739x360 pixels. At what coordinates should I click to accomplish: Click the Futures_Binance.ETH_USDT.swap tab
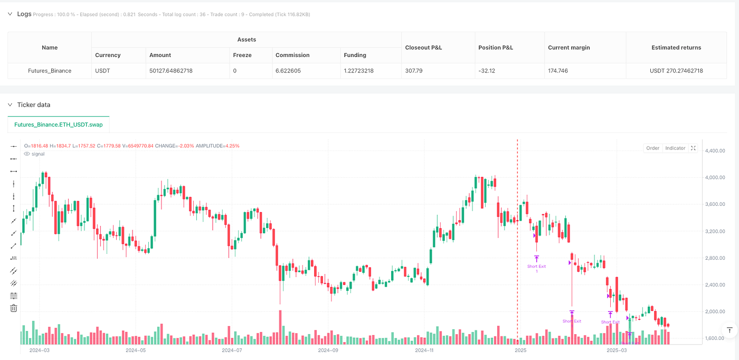[x=59, y=125]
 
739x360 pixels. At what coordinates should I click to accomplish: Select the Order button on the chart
[x=652, y=148]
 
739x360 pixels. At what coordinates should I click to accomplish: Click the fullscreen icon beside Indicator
[x=693, y=148]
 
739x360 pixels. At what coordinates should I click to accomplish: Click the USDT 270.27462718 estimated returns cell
[x=676, y=71]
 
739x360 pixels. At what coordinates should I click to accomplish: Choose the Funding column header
[x=355, y=55]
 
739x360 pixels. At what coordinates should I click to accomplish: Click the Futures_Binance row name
[x=50, y=71]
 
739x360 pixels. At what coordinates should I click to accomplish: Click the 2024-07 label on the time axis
[x=231, y=350]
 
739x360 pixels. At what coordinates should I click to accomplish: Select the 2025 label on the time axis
[x=520, y=350]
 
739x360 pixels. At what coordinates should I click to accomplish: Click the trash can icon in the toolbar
[x=14, y=308]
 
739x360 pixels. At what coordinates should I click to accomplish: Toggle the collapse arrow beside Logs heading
[x=10, y=14]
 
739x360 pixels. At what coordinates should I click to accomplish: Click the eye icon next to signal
[x=27, y=154]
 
